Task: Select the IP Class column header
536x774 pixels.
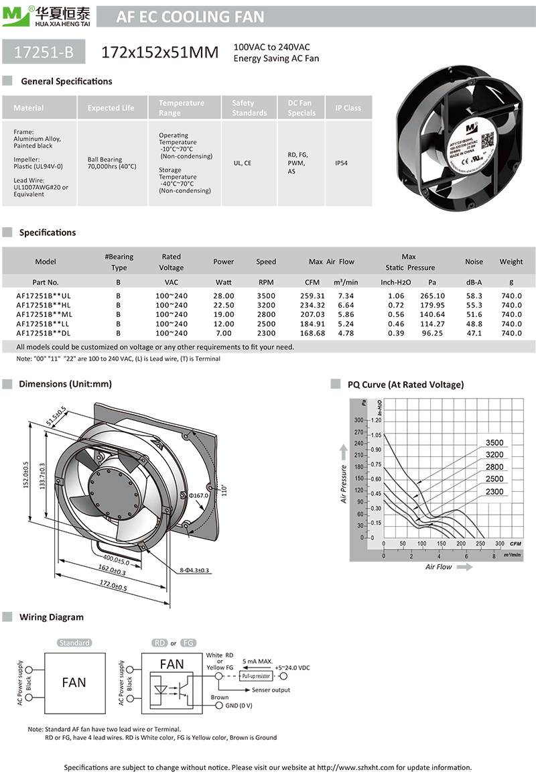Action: coord(348,108)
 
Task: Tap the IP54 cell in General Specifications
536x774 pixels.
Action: coord(341,163)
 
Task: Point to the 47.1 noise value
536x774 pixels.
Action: coord(474,333)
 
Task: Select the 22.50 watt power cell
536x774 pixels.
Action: coord(223,305)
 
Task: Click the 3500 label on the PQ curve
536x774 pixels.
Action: coord(494,443)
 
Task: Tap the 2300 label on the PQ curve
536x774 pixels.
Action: coord(494,492)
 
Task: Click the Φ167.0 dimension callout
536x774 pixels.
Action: coord(199,496)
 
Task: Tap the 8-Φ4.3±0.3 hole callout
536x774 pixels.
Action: coord(194,570)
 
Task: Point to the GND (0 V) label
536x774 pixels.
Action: coord(239,706)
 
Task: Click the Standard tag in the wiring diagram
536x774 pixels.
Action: coord(74,643)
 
